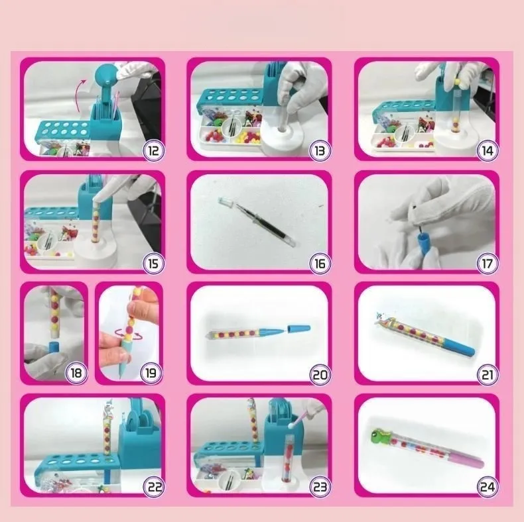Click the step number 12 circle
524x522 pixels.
153,150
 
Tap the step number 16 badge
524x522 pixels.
320,263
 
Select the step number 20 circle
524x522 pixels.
320,374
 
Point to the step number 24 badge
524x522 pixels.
487,488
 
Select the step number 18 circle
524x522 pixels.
76,373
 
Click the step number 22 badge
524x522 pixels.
153,488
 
